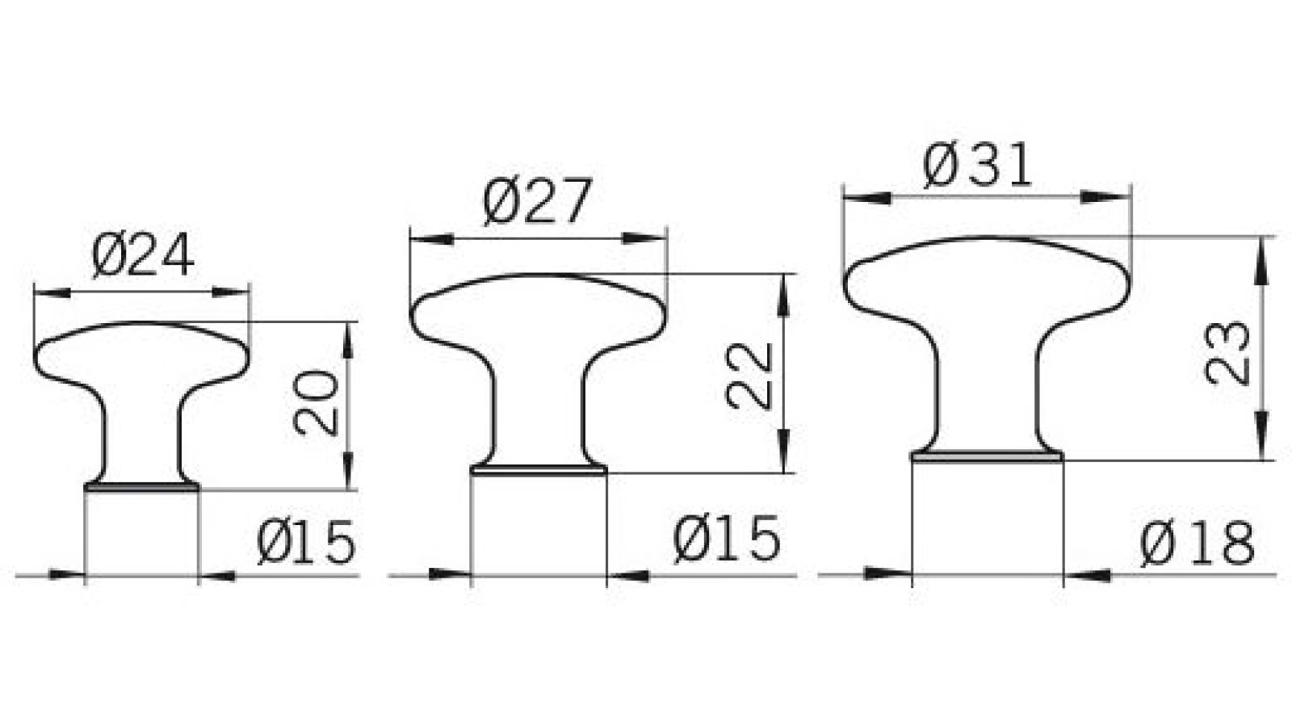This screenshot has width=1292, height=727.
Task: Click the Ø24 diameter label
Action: (143, 256)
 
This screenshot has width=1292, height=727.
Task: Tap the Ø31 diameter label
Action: (977, 167)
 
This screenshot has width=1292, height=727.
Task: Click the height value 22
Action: (750, 376)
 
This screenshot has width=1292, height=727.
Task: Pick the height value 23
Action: (1227, 352)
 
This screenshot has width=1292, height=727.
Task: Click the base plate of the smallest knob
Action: (142, 487)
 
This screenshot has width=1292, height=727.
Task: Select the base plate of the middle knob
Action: (539, 469)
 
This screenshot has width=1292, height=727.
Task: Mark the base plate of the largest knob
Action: (987, 456)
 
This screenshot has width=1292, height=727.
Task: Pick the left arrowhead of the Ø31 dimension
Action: (864, 196)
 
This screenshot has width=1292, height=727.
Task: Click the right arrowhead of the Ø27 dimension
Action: (646, 238)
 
